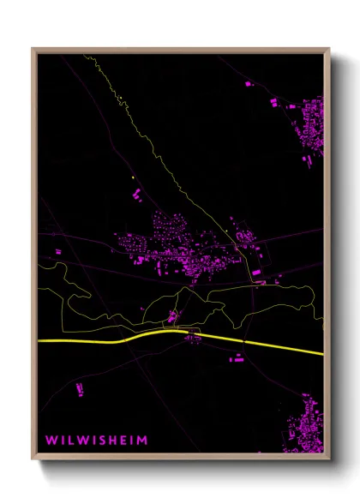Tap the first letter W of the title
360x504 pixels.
(51, 440)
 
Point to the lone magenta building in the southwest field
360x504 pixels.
(80, 390)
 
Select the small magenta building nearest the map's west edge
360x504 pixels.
(58, 251)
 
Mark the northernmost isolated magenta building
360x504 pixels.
(250, 84)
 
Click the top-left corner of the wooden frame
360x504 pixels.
(33, 49)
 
